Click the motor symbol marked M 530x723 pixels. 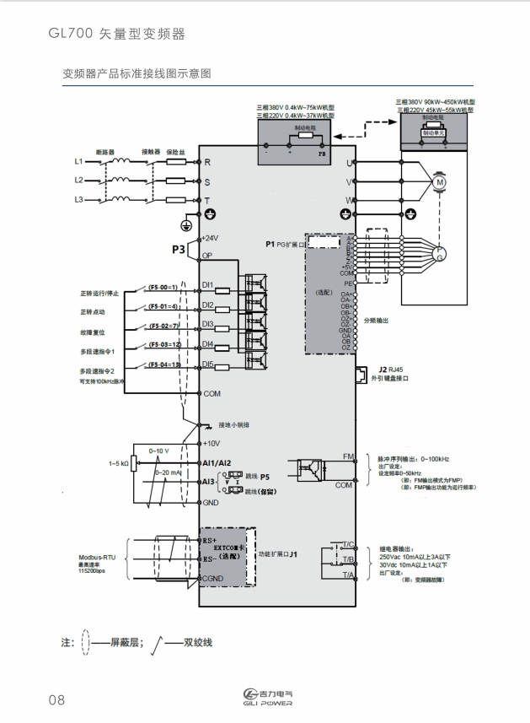pos(439,181)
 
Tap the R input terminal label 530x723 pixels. pos(207,161)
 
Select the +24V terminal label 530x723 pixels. pos(211,238)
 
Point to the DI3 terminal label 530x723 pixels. pos(208,325)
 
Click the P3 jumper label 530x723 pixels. pos(178,250)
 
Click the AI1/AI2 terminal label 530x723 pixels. pos(217,463)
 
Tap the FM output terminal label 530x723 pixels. pos(347,456)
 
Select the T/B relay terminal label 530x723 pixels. pos(347,559)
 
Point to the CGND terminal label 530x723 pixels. pos(212,578)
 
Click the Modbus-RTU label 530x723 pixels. pos(97,558)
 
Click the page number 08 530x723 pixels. pos(56,699)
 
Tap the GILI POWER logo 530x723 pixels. pos(265,697)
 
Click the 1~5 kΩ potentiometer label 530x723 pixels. pos(118,463)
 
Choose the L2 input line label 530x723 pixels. pos(78,180)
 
